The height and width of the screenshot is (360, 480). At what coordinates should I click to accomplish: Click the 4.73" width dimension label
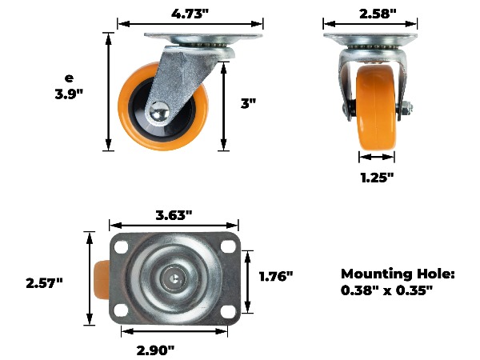tap(190, 14)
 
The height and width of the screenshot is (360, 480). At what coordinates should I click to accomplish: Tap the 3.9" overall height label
tap(69, 94)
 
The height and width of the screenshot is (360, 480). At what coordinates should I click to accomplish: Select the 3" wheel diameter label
tap(248, 103)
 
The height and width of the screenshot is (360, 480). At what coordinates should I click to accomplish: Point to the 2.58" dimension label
tap(378, 14)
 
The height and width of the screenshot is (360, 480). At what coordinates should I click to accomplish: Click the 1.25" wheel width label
tap(377, 178)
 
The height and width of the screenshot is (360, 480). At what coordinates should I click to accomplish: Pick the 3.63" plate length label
tap(174, 215)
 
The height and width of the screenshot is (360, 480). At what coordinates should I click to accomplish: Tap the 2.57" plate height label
tap(44, 283)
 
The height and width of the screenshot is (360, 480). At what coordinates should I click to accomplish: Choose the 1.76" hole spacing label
tap(276, 276)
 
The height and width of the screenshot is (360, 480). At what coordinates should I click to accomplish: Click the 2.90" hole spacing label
tap(155, 350)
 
